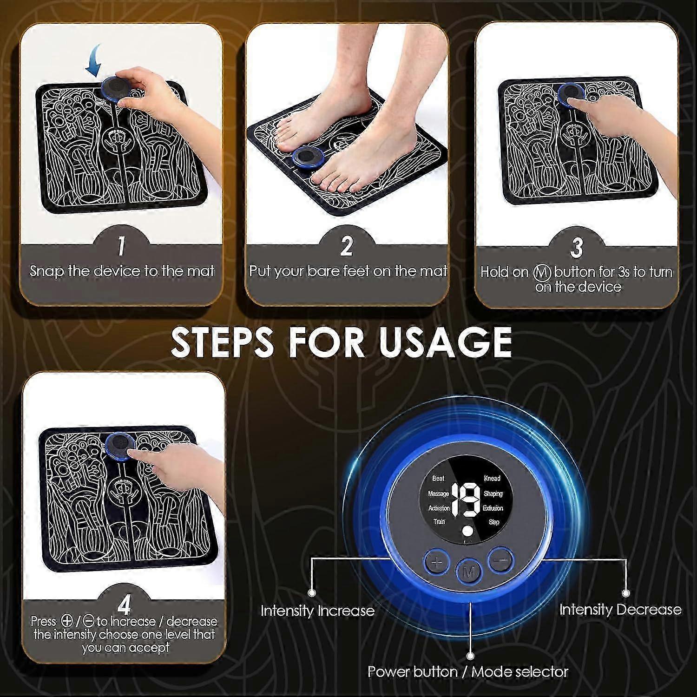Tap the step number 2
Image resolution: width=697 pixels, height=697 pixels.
tap(346, 246)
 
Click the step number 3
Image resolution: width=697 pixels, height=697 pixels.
tap(577, 247)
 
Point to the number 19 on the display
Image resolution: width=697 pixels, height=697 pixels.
tap(466, 500)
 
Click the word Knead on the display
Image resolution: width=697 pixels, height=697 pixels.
tap(492, 478)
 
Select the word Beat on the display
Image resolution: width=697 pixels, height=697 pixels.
tap(438, 478)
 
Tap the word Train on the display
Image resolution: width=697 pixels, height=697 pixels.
tap(439, 522)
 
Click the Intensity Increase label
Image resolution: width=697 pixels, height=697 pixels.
tap(317, 611)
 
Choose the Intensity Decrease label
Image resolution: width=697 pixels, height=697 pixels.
tap(620, 609)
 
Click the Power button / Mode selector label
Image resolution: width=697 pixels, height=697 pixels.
tap(468, 671)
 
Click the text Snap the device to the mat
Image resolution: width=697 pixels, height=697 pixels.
tap(122, 271)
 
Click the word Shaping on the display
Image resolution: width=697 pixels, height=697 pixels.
tap(493, 493)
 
